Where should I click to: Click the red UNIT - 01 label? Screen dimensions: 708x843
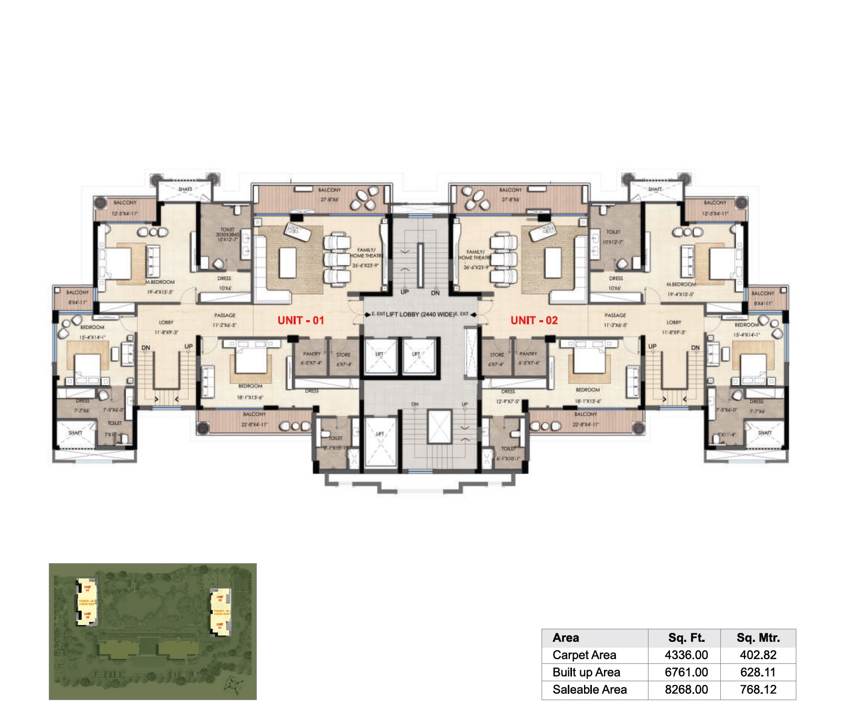tap(300, 320)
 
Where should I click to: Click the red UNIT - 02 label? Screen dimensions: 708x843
tap(534, 320)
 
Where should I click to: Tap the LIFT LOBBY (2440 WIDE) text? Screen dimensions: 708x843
tap(420, 314)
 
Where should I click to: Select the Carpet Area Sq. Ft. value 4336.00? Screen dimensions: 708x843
tap(686, 655)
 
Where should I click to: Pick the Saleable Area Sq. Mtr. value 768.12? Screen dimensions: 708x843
tap(758, 690)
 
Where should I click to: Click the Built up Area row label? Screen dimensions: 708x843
tap(586, 672)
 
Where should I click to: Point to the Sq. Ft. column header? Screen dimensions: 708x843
tap(686, 638)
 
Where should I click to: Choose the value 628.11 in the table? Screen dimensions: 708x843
tap(758, 672)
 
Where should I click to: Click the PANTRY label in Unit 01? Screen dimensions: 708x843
tap(311, 354)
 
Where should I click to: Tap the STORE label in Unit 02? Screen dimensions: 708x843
tap(496, 355)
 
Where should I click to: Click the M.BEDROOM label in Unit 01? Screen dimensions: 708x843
tap(160, 282)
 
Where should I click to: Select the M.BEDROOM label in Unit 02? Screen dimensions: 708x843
tap(681, 284)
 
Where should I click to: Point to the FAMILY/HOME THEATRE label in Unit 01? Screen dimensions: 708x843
tap(366, 253)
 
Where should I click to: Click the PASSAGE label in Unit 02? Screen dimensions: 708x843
tap(615, 315)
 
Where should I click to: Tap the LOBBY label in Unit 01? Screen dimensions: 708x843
tap(166, 322)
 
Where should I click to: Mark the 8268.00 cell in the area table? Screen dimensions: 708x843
tap(686, 690)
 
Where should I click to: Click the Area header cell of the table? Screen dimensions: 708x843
tap(566, 638)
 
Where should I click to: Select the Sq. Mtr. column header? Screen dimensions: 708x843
tap(758, 638)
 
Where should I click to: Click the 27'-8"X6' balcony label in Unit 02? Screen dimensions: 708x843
tap(510, 199)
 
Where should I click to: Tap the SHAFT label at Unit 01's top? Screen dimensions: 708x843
tap(185, 189)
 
